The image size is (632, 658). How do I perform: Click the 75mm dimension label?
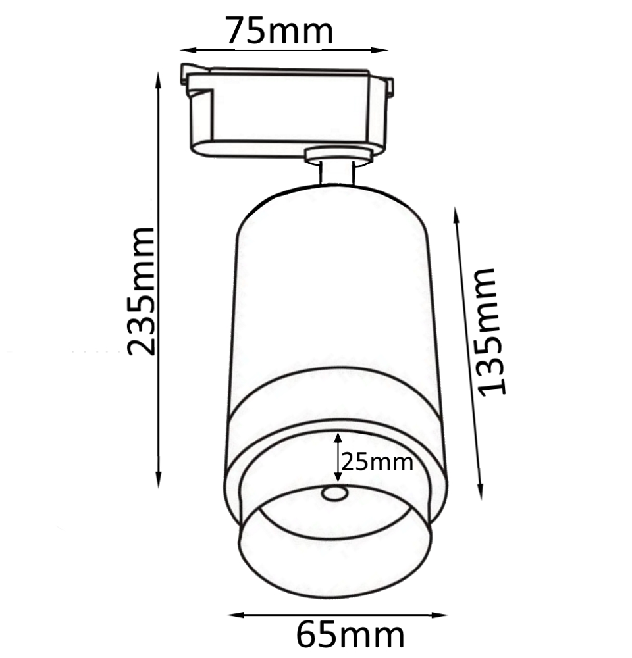[x=279, y=31]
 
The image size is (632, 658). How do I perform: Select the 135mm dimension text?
[x=494, y=330]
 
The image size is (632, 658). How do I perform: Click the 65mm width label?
[x=350, y=636]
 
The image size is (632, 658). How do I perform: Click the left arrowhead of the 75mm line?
[x=185, y=49]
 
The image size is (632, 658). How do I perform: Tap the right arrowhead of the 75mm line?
[x=385, y=49]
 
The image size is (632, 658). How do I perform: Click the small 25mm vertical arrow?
[x=338, y=457]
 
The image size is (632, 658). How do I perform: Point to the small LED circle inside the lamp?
[x=334, y=493]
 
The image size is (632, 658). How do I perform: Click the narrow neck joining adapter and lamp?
[x=338, y=172]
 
